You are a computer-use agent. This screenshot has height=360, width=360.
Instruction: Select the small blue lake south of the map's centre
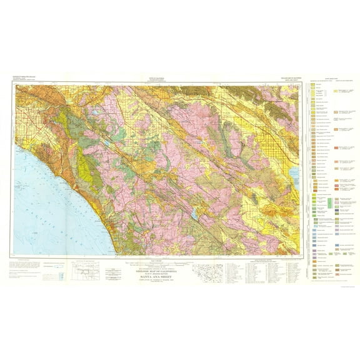pos(195,216)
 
